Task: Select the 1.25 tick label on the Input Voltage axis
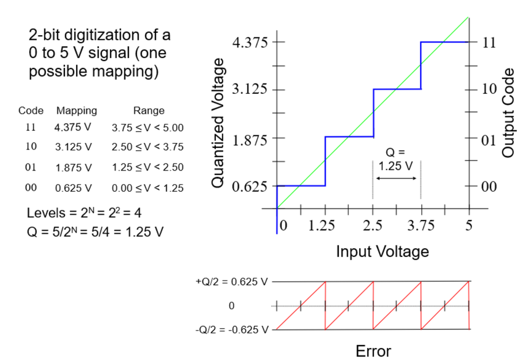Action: pyautogui.click(x=322, y=226)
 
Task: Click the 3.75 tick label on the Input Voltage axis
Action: pyautogui.click(x=420, y=226)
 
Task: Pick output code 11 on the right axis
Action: pyautogui.click(x=489, y=43)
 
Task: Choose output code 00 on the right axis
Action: pyautogui.click(x=489, y=187)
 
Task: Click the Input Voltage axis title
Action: pyautogui.click(x=382, y=251)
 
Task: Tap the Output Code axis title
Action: pyautogui.click(x=507, y=113)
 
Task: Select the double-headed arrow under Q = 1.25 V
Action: pyautogui.click(x=397, y=178)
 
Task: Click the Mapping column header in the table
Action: pyautogui.click(x=77, y=111)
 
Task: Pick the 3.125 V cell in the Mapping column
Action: pyautogui.click(x=73, y=147)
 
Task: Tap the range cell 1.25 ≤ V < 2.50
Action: pyautogui.click(x=147, y=168)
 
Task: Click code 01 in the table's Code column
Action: pyautogui.click(x=31, y=167)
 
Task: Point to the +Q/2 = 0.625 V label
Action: pyautogui.click(x=232, y=282)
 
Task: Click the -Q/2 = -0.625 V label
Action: pyautogui.click(x=231, y=330)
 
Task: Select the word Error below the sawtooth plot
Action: pyautogui.click(x=373, y=351)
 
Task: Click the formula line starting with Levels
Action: pyautogui.click(x=85, y=213)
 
